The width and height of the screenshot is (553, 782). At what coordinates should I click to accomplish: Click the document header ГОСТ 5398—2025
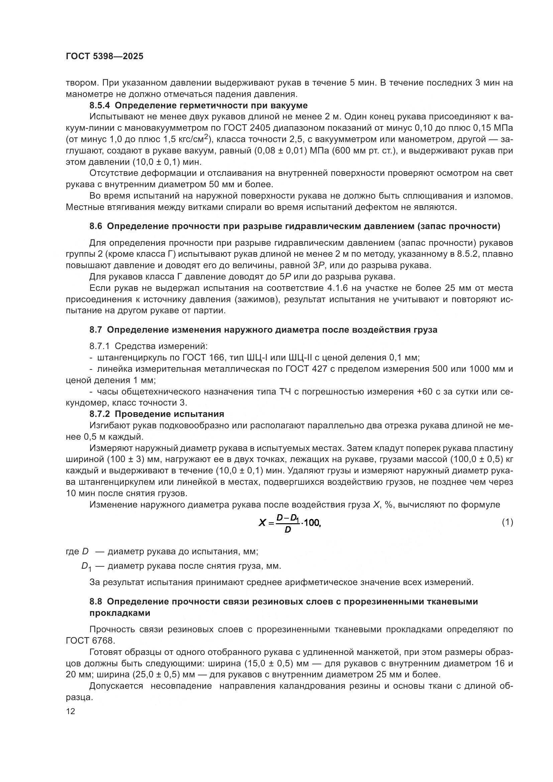click(104, 57)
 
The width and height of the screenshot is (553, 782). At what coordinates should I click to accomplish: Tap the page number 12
click(71, 711)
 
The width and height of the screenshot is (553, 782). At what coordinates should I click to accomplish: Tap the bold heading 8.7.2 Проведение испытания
click(156, 414)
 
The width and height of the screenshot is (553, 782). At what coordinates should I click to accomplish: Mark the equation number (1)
click(507, 522)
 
